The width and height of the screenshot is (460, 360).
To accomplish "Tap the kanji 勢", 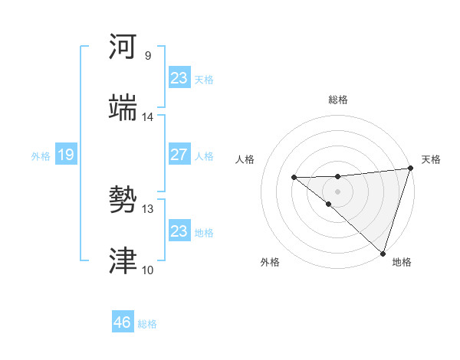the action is coord(123,200).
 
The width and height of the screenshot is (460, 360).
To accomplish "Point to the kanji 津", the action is coord(123,261).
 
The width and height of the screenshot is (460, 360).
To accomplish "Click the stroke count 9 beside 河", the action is coord(147,55).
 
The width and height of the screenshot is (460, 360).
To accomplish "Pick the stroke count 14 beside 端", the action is coord(147,116).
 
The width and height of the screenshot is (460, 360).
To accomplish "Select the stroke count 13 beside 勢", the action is coord(147,208).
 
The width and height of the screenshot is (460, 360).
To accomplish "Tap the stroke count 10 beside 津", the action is coord(147,270).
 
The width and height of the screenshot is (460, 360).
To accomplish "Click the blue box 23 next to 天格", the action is coord(179,78).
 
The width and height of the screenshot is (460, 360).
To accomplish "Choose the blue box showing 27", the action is coord(179,155).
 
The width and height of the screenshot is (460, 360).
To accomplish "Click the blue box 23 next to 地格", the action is coord(179,231).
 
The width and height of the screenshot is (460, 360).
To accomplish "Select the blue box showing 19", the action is coord(65,155).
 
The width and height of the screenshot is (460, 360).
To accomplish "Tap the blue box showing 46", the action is coord(122,322).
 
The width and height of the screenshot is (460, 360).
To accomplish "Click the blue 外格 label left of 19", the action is coord(41,156).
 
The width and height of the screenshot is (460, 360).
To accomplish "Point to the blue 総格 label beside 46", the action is coord(147,324).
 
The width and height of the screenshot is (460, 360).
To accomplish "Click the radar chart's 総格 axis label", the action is coord(338,100).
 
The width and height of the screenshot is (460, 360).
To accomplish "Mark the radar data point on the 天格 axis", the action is coord(410,169).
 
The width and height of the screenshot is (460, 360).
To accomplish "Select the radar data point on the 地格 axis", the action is coord(382,253).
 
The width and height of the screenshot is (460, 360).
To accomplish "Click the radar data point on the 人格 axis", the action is coord(294,178).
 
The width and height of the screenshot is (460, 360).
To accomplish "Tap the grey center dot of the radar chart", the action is coord(337,191).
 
